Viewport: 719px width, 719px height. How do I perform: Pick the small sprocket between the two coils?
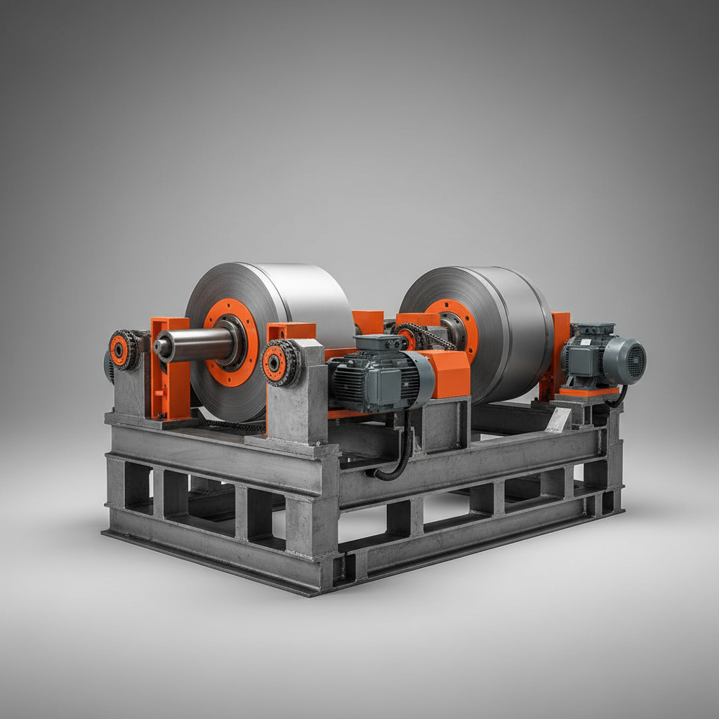[406, 337]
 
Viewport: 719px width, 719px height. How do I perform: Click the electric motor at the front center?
[372, 379]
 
